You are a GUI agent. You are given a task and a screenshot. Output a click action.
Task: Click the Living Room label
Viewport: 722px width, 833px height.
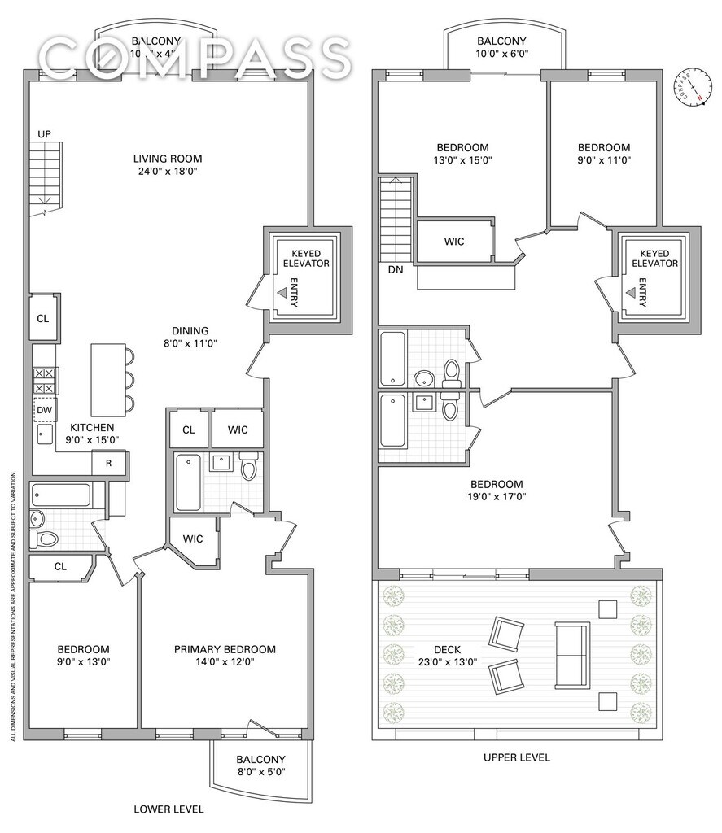168,165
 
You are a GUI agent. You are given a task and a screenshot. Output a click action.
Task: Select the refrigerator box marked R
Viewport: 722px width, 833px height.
108,463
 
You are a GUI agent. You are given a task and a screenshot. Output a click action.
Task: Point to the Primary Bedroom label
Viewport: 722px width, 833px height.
225,656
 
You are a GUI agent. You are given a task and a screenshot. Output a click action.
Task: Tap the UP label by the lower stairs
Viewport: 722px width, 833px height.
45,133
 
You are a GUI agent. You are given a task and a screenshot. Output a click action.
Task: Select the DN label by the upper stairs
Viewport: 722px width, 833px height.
395,268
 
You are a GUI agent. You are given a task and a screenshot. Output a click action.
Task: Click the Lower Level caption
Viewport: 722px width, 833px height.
168,809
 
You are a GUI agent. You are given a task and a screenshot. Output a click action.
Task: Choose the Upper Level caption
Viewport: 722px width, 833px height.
516,757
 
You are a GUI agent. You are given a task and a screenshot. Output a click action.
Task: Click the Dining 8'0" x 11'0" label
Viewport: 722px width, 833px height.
190,337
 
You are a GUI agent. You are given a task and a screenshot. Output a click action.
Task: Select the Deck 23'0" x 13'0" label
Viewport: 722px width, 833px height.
447,656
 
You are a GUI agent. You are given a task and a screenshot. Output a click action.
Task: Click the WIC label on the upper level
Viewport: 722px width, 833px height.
454,242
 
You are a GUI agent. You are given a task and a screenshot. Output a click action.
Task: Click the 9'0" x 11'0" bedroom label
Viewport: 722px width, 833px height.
603,154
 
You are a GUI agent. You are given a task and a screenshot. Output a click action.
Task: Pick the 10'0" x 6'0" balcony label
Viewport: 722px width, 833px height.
501,48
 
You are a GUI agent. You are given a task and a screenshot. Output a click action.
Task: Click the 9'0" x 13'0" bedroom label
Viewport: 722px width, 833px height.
83,656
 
